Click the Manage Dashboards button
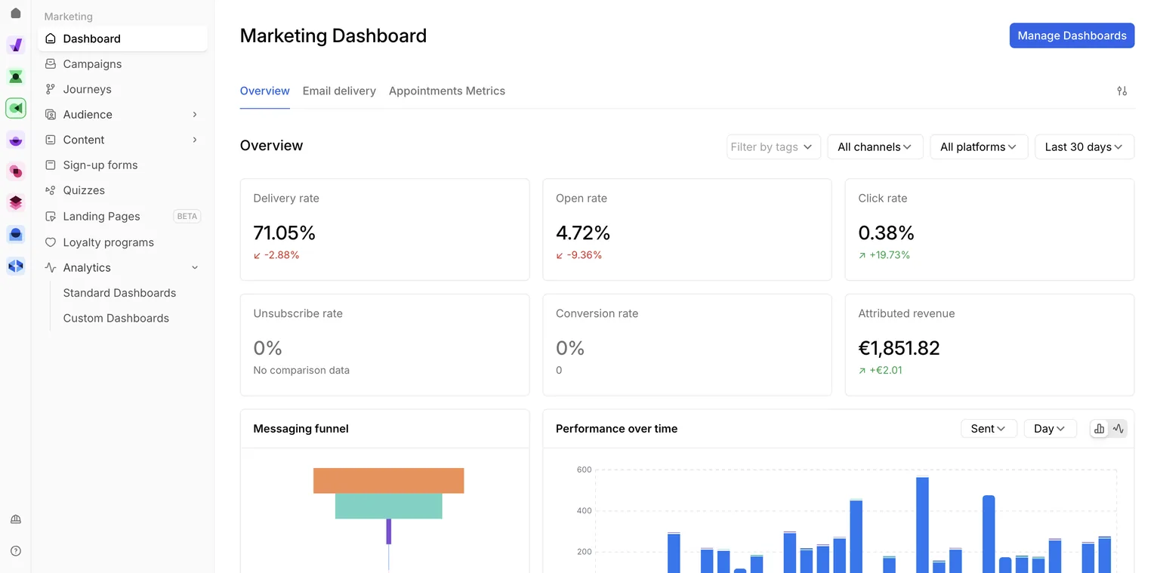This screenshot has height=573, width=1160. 1072,35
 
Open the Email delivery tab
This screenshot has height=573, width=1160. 339,91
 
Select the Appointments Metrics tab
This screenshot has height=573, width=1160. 447,91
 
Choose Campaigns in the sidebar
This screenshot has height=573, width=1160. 92,63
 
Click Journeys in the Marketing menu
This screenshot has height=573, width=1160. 87,89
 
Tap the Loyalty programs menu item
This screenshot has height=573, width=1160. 108,242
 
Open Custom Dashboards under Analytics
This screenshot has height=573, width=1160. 116,318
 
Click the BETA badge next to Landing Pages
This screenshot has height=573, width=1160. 187,217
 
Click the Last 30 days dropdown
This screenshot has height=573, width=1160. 1084,147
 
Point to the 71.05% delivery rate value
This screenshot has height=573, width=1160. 284,233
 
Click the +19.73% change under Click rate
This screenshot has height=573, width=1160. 889,254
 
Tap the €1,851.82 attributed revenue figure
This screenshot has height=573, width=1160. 899,348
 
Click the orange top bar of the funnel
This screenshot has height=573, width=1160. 388,480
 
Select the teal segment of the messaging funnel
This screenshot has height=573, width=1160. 388,506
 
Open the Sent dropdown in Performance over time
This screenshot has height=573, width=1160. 989,429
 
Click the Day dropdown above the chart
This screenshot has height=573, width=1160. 1050,429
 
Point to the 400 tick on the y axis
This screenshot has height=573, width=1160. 584,510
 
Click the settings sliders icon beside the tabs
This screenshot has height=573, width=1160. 1121,91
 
